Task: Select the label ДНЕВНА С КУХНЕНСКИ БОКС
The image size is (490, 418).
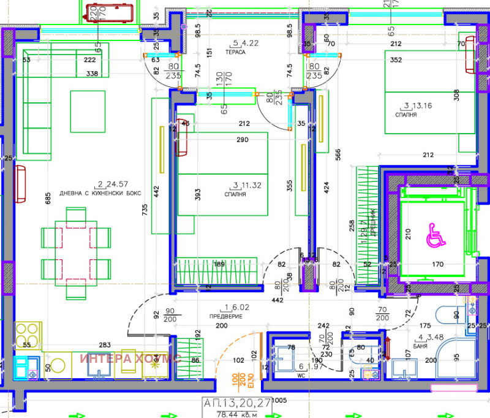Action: tap(100, 192)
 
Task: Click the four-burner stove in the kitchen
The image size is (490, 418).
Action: tap(28, 336)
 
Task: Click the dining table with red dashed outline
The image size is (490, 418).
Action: tap(77, 252)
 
